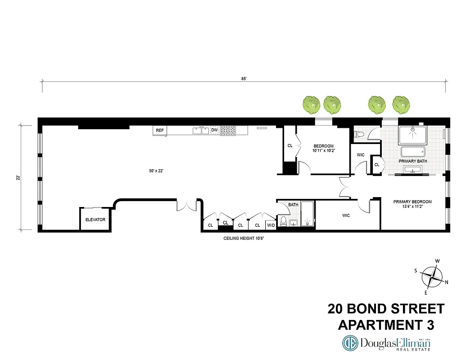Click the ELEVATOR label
click(x=95, y=220)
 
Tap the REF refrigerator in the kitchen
click(x=159, y=130)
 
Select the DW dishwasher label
click(x=214, y=130)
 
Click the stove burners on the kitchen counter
click(x=227, y=130)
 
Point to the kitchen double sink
click(x=200, y=130)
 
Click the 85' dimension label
click(x=244, y=78)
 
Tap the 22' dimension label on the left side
click(x=18, y=177)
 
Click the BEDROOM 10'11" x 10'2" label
click(x=323, y=148)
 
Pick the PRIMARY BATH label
click(x=412, y=161)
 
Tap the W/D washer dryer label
click(x=271, y=225)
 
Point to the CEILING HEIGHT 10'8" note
click(x=243, y=238)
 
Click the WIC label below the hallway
click(x=346, y=216)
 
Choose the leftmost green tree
click(x=311, y=104)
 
